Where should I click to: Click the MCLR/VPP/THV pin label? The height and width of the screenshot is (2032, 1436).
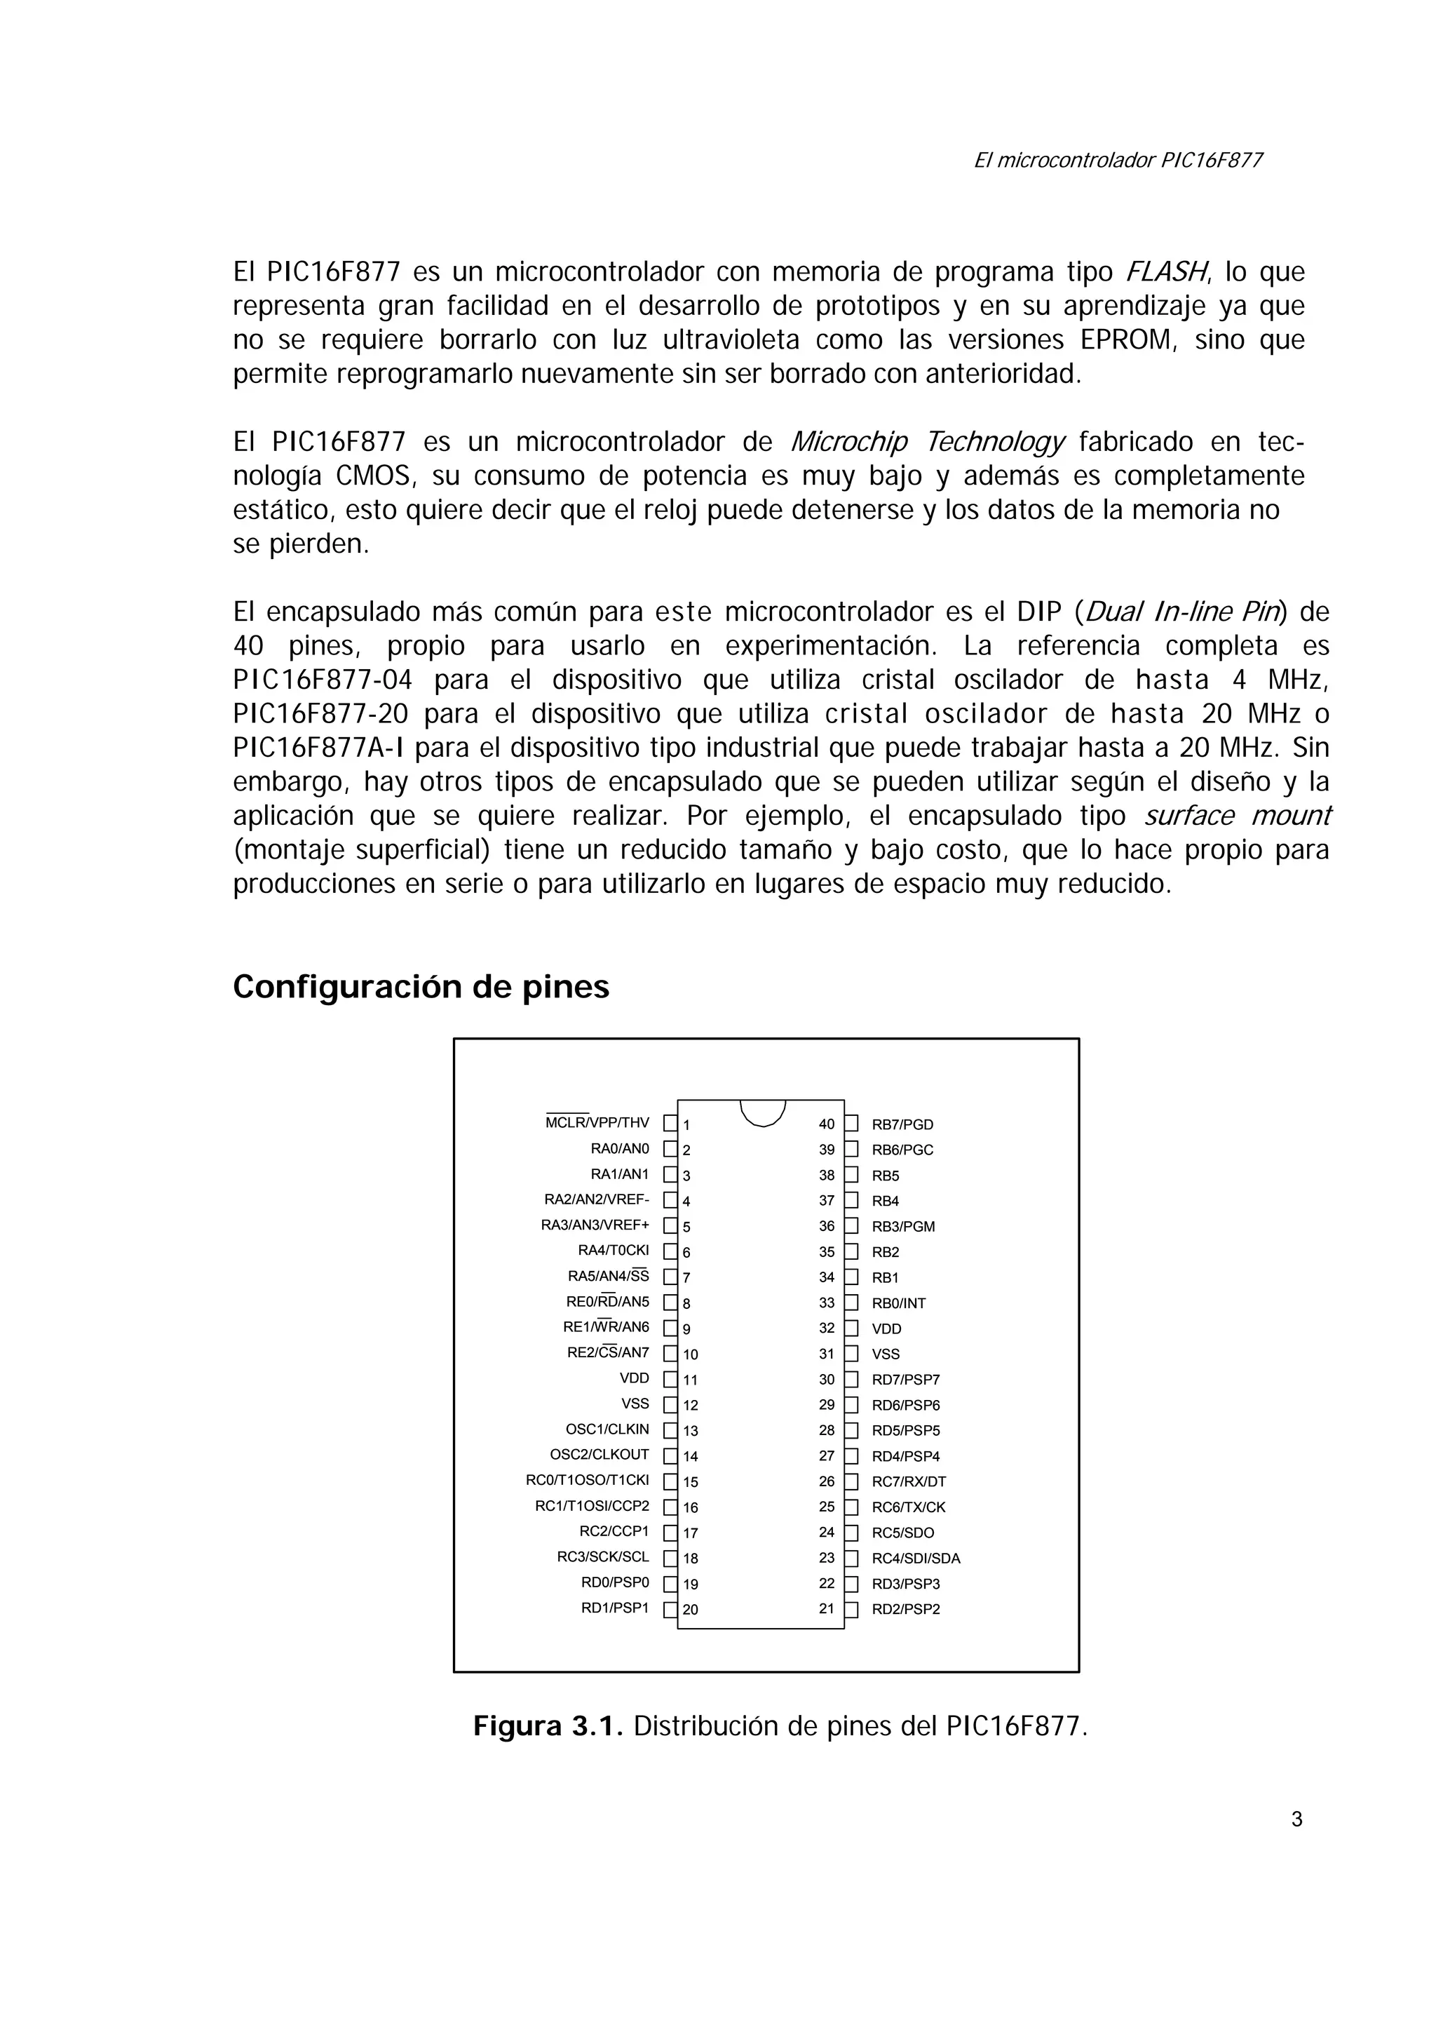pos(597,1123)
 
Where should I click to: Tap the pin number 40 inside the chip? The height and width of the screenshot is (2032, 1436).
pos(827,1124)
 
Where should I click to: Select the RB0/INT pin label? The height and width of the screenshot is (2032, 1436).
pos(898,1303)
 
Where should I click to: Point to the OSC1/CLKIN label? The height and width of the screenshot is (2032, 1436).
pos(607,1429)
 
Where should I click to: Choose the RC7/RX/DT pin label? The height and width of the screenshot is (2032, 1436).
pos(909,1481)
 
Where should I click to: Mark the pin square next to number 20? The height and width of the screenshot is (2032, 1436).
pos(670,1609)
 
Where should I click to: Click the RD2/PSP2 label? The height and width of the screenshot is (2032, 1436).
pos(906,1609)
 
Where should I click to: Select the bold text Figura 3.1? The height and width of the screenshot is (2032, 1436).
pos(548,1725)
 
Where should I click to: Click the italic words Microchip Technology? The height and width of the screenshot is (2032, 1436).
pos(926,442)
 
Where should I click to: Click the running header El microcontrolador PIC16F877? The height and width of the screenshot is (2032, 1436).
pos(1118,160)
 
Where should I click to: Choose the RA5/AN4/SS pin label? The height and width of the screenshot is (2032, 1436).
pos(608,1276)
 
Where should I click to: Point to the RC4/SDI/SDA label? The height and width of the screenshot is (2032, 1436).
pos(916,1559)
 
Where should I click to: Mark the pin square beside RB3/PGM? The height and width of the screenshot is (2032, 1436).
pos(851,1226)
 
